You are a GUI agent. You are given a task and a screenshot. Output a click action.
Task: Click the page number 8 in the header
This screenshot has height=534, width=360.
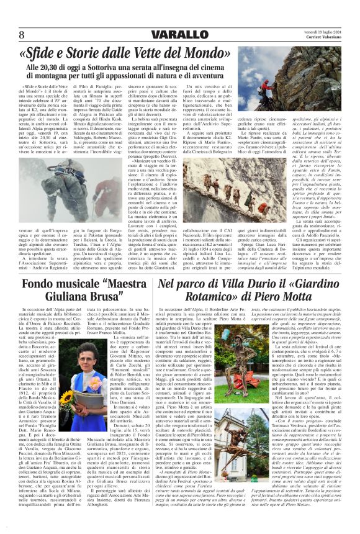tap(22, 34)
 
